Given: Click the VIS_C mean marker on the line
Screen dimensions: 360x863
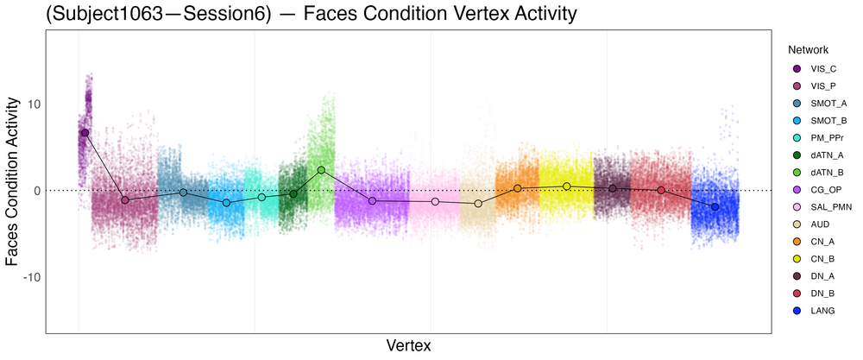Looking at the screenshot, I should [85, 132].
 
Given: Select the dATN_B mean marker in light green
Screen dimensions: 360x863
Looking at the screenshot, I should [321, 170].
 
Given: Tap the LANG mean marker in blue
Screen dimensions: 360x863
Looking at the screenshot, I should [715, 207].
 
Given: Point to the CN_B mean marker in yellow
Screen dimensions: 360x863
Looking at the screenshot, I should [566, 186].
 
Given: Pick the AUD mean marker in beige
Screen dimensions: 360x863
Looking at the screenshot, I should [478, 203].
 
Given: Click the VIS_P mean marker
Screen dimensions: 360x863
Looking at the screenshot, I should [124, 199].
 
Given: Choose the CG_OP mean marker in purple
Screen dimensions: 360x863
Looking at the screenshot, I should [372, 201].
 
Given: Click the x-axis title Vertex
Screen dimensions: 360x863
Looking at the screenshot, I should [409, 345].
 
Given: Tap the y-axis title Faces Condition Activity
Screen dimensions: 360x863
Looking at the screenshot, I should [12, 181].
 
